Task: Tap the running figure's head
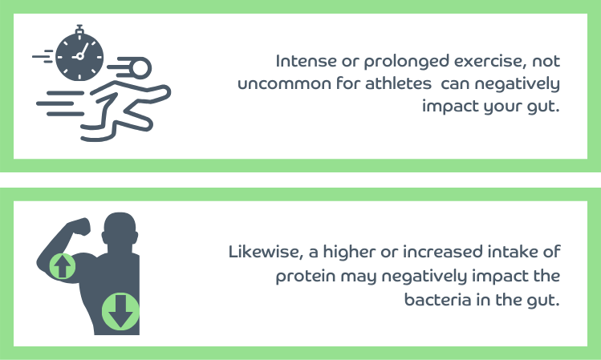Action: coord(140,68)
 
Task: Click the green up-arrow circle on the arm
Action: coord(63,265)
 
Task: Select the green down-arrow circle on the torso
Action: coord(120,311)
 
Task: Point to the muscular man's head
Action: coord(120,229)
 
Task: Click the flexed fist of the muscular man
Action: coord(80,227)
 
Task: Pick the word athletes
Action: coord(398,83)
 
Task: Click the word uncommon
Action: coord(284,84)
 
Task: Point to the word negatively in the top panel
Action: coord(518,84)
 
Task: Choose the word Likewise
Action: coord(266,252)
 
